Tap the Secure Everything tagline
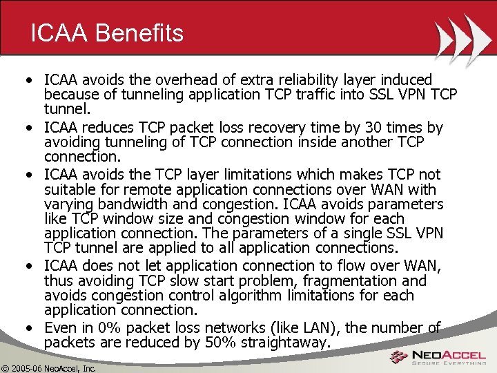pyautogui.click(x=449, y=364)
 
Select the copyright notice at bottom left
pyautogui.click(x=48, y=367)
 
